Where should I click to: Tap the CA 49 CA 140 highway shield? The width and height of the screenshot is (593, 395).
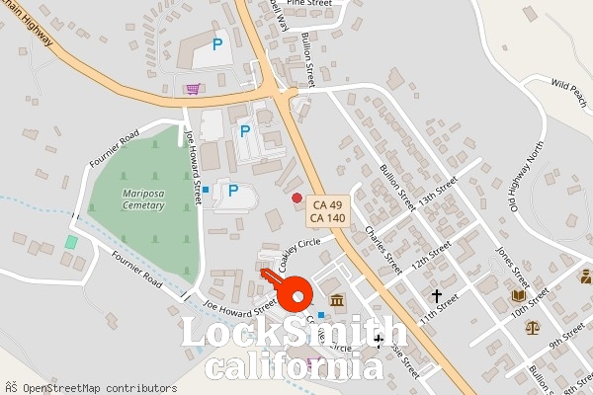(327, 210)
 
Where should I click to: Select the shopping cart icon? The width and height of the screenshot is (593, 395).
(193, 89)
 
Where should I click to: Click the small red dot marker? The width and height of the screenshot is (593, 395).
(296, 198)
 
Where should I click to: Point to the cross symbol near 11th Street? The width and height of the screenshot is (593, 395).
(436, 295)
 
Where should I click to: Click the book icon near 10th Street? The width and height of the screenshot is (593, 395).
(519, 295)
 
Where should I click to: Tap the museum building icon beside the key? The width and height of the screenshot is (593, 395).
(337, 300)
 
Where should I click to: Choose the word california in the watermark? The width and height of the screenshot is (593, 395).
(294, 367)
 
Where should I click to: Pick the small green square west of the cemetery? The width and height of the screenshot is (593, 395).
(71, 242)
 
